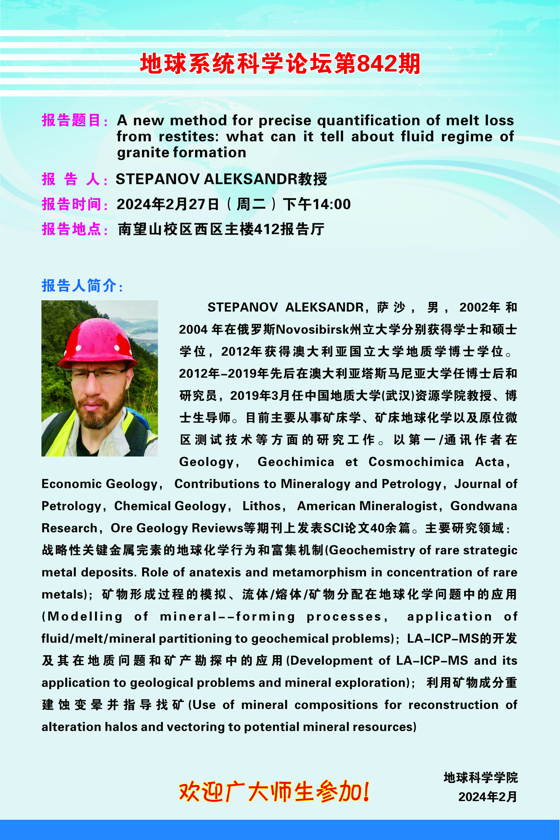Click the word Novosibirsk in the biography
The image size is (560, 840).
click(312, 329)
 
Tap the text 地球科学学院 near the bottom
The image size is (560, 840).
click(480, 777)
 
